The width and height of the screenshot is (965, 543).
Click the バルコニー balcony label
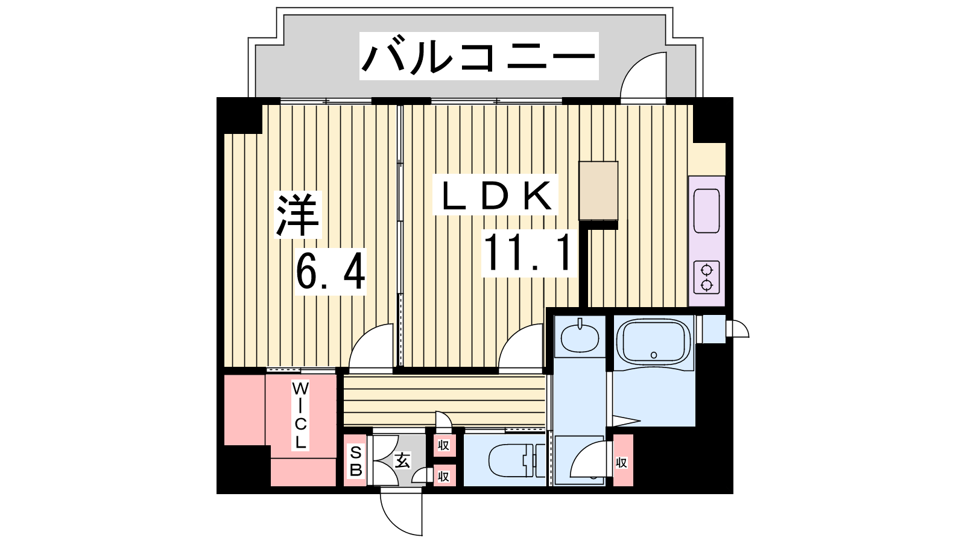[479, 57]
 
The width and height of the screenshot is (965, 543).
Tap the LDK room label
[495, 196]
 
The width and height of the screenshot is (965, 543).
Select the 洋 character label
[298, 215]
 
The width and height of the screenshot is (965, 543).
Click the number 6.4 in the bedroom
[331, 271]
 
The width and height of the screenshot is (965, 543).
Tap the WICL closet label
[300, 415]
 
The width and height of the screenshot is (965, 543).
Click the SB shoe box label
[356, 461]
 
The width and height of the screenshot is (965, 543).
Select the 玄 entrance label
[402, 460]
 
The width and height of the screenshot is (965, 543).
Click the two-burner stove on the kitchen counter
[706, 278]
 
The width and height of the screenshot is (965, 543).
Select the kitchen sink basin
[706, 211]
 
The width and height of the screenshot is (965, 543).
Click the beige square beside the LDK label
[598, 191]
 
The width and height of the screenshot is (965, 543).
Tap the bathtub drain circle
[654, 355]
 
